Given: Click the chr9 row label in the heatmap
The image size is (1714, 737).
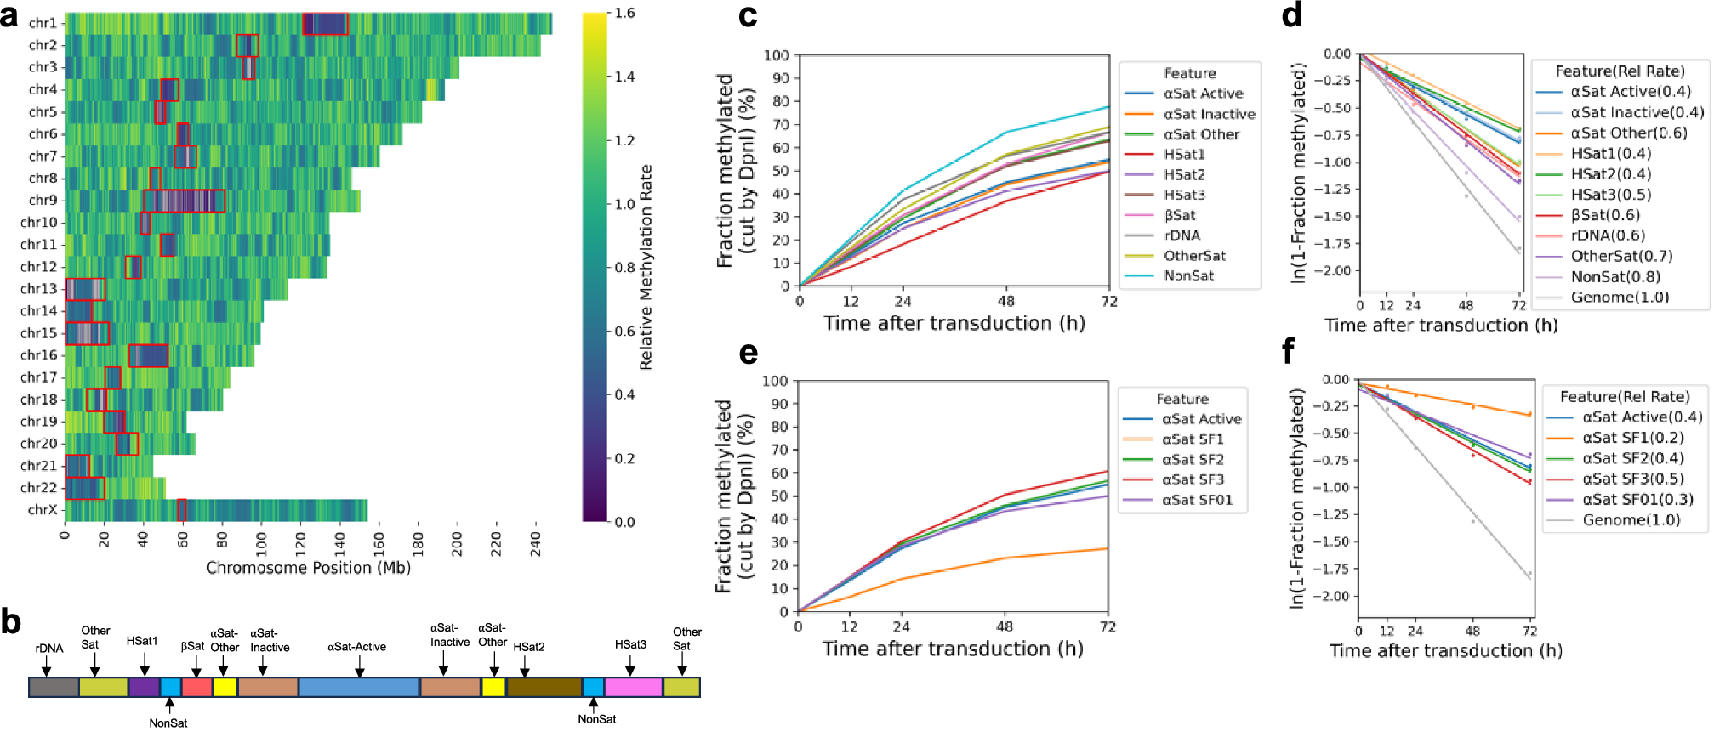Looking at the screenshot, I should pos(43,201).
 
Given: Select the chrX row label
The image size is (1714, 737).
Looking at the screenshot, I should pos(43,510).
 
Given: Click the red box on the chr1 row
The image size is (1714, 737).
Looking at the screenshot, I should pos(325,24).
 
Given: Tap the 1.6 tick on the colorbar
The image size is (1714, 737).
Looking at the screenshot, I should pos(624,14).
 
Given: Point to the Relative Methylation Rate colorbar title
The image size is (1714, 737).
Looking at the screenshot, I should pos(646,267).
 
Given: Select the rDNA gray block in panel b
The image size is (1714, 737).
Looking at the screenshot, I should pos(54,687).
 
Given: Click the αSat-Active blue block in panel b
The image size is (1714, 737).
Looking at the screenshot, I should pos(358,687).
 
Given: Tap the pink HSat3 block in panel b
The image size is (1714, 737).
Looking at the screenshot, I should pos(633,687).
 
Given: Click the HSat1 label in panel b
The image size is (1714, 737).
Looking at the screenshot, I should pos(142,641).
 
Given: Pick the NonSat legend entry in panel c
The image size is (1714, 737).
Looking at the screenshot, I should pos(1188,276).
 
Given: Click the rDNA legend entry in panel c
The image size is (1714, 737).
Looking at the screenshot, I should pos(1182,235).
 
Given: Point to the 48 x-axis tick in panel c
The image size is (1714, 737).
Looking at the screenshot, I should pos(1006,301).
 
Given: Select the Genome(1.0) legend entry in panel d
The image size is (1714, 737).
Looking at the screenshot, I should pos(1620,298).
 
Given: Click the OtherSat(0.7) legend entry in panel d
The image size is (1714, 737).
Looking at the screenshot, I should pos(1621,256).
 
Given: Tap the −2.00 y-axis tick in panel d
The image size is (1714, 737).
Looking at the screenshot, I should pos(1335,270).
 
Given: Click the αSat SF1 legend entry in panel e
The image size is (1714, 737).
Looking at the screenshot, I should pos(1193,439).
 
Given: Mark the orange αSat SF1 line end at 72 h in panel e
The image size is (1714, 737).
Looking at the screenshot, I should pos(1107,549).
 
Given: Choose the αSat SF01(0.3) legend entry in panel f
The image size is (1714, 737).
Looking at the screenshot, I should pos(1637,500).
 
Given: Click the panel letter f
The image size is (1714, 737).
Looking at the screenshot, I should pos(1289,350).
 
